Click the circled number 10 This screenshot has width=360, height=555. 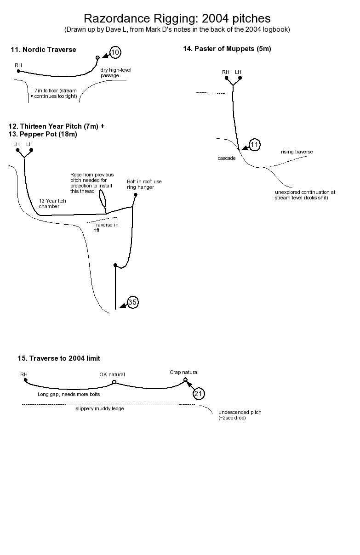click(x=115, y=52)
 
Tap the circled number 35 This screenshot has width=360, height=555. click(x=132, y=302)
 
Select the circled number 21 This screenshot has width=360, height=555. click(x=199, y=394)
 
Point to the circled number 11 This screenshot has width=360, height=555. click(x=254, y=145)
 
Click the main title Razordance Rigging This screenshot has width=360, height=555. click(x=177, y=18)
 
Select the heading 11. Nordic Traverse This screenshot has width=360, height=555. click(x=43, y=50)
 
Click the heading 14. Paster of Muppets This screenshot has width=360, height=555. click(x=227, y=49)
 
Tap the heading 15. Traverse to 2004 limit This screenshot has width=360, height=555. click(x=54, y=358)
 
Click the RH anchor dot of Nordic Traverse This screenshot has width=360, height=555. click(x=19, y=71)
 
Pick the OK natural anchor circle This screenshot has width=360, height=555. click(x=114, y=382)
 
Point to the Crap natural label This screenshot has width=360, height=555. click(x=184, y=372)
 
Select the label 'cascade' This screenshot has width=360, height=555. click(x=227, y=158)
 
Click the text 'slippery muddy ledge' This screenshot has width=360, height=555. click(x=100, y=408)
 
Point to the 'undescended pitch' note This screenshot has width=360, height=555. click(x=240, y=415)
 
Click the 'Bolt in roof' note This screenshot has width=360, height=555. click(x=144, y=184)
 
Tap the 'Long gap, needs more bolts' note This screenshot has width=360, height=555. click(x=69, y=394)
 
